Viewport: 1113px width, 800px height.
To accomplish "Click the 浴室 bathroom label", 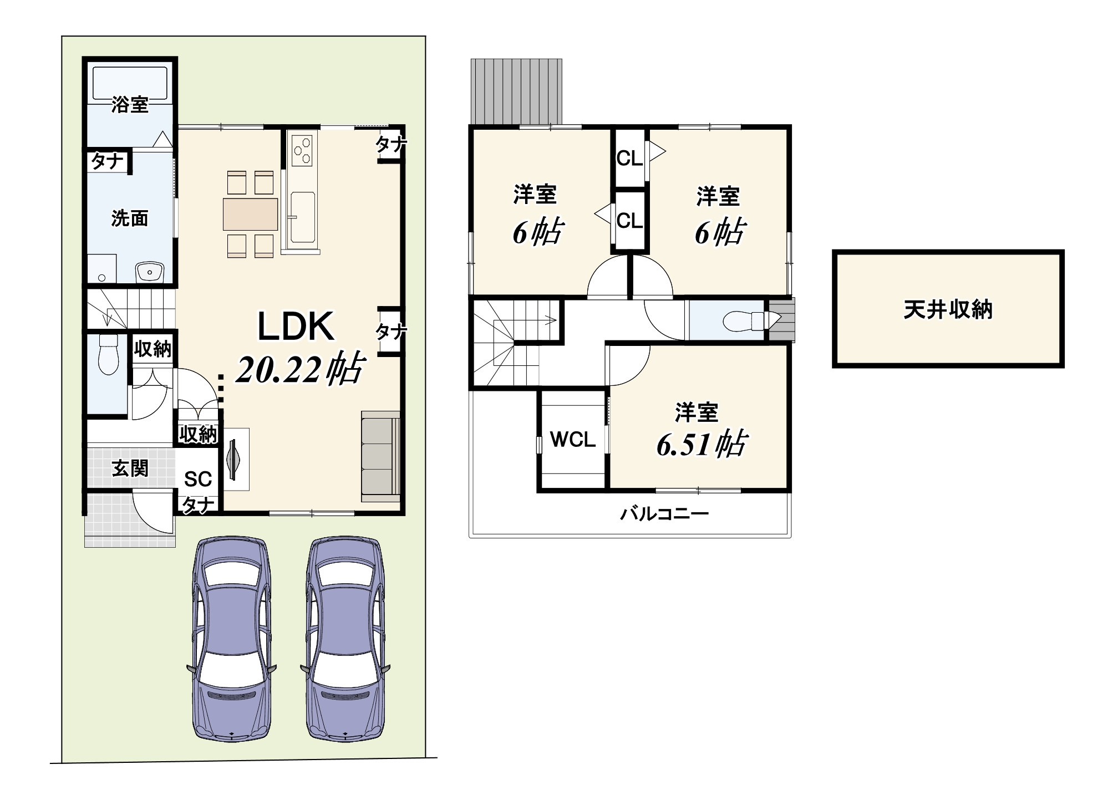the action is click(x=130, y=104).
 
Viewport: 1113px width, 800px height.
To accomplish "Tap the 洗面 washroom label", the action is click(x=130, y=218).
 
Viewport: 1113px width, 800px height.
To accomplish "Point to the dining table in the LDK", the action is click(x=250, y=214).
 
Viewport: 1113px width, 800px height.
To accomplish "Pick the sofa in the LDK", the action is click(x=380, y=456).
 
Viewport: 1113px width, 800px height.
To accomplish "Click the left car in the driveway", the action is click(x=232, y=639).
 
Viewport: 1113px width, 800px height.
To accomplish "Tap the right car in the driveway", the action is click(x=345, y=639).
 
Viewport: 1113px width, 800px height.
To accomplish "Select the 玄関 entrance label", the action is click(x=130, y=468).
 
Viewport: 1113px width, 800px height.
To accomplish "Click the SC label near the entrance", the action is click(x=198, y=479).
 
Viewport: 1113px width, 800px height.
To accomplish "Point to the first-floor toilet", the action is click(x=109, y=354).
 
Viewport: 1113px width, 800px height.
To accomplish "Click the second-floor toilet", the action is click(x=744, y=320).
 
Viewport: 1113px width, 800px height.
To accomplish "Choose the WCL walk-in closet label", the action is click(x=573, y=440).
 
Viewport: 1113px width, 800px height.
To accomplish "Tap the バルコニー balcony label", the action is click(x=664, y=514).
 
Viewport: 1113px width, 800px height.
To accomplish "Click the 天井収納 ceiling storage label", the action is click(x=948, y=309).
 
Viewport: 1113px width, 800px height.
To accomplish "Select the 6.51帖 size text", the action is click(x=702, y=445).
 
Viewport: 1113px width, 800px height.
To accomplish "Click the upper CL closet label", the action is click(x=629, y=159).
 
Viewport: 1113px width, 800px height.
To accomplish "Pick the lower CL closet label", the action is click(x=629, y=221).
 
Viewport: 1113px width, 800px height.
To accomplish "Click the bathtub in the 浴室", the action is click(x=130, y=84).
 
